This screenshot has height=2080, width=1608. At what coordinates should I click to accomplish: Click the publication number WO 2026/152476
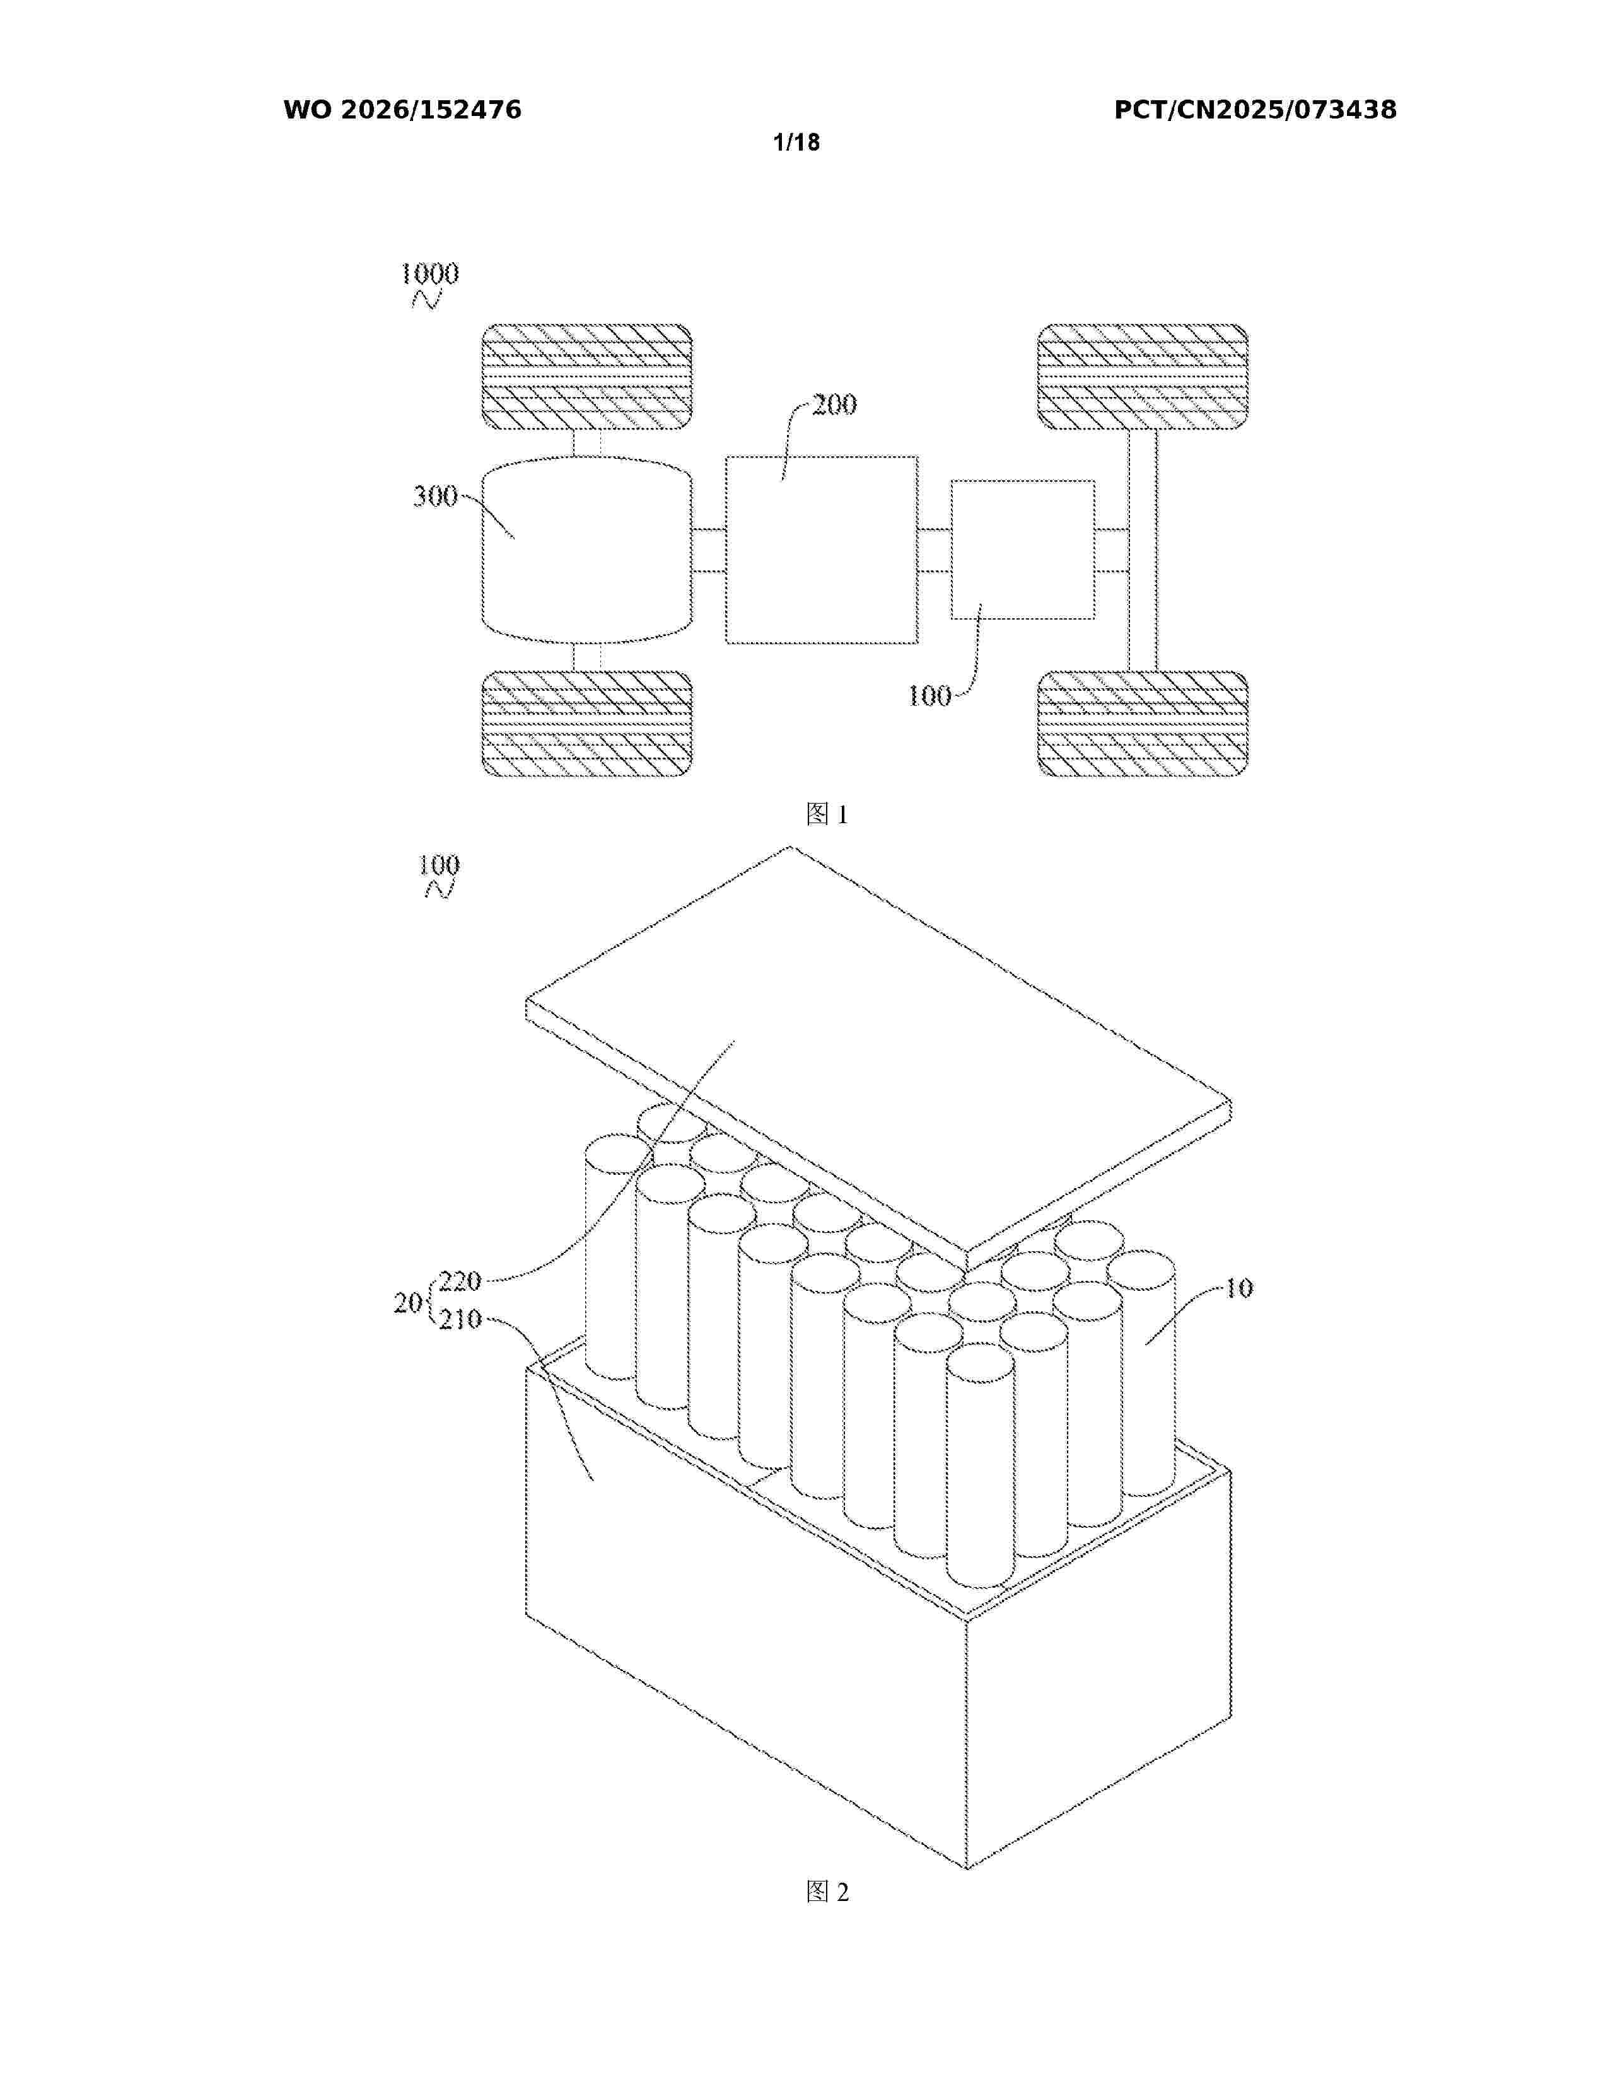pyautogui.click(x=402, y=110)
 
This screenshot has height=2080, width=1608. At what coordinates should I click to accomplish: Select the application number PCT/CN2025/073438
pyautogui.click(x=1255, y=110)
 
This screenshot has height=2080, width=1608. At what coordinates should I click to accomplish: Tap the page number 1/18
pyautogui.click(x=796, y=143)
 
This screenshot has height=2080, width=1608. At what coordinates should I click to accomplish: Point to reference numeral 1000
pyautogui.click(x=429, y=274)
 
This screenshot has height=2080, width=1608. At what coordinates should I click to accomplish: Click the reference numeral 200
pyautogui.click(x=834, y=405)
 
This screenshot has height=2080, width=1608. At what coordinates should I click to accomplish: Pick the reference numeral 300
pyautogui.click(x=435, y=496)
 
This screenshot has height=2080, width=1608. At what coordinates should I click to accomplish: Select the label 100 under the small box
pyautogui.click(x=929, y=696)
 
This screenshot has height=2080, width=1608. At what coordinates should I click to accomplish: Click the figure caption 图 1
pyautogui.click(x=827, y=814)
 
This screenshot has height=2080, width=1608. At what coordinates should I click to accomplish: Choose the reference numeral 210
pyautogui.click(x=460, y=1319)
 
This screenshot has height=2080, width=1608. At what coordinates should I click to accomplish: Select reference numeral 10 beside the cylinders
pyautogui.click(x=1238, y=1288)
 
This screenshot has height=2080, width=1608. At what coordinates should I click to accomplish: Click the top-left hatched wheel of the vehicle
pyautogui.click(x=587, y=377)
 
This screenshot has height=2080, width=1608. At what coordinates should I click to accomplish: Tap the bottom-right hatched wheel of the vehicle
pyautogui.click(x=1142, y=724)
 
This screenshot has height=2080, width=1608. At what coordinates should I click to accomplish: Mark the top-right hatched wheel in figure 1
pyautogui.click(x=1142, y=377)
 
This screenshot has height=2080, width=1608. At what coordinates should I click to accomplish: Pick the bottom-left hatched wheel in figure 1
pyautogui.click(x=587, y=724)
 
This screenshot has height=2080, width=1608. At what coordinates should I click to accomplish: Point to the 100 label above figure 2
pyautogui.click(x=438, y=865)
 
